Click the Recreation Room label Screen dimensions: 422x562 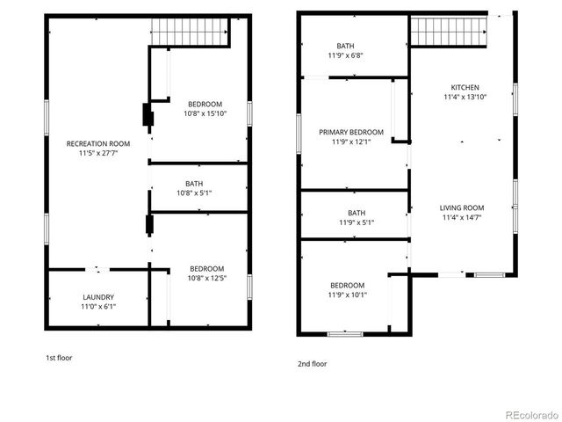[x=98, y=143]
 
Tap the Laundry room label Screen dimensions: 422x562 [x=98, y=297]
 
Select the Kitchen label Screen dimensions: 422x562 [x=465, y=87]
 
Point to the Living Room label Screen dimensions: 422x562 [x=462, y=207]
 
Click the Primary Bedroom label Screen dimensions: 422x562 [x=351, y=132]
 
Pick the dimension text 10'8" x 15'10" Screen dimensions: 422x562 [x=205, y=113]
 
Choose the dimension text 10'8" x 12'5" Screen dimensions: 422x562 [x=206, y=279]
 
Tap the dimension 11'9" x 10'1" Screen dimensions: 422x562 [x=348, y=295]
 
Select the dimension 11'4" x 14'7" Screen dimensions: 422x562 [x=462, y=217]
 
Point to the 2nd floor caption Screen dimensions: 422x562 [x=312, y=363]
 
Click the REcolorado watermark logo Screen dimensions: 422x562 [x=530, y=414]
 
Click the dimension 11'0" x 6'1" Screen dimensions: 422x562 [x=98, y=307]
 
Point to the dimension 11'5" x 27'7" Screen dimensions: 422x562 [x=98, y=153]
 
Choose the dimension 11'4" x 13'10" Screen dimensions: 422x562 [x=465, y=97]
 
